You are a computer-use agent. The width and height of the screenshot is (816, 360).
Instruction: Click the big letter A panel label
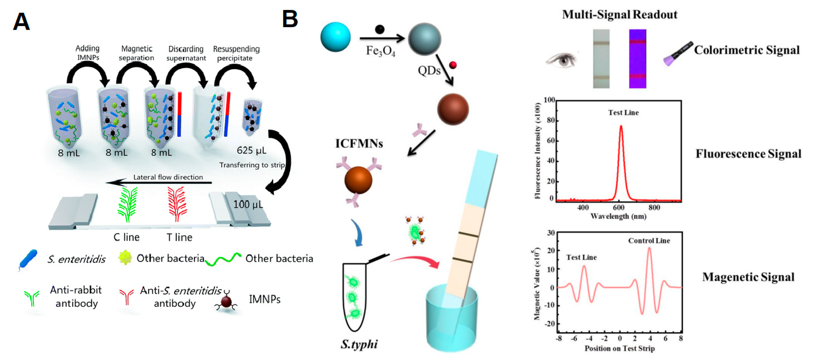click(21, 21)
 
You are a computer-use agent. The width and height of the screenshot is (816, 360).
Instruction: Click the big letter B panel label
click(290, 19)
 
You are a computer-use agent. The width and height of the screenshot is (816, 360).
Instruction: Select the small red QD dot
click(453, 65)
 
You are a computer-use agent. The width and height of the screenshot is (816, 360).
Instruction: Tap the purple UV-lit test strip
click(637, 59)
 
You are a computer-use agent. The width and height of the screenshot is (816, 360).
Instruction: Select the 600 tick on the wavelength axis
click(618, 207)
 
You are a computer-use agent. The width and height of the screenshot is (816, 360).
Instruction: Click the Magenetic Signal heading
click(748, 277)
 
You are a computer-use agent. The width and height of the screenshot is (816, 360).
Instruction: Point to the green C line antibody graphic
click(128, 204)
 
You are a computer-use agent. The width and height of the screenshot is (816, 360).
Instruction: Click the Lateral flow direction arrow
click(158, 182)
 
